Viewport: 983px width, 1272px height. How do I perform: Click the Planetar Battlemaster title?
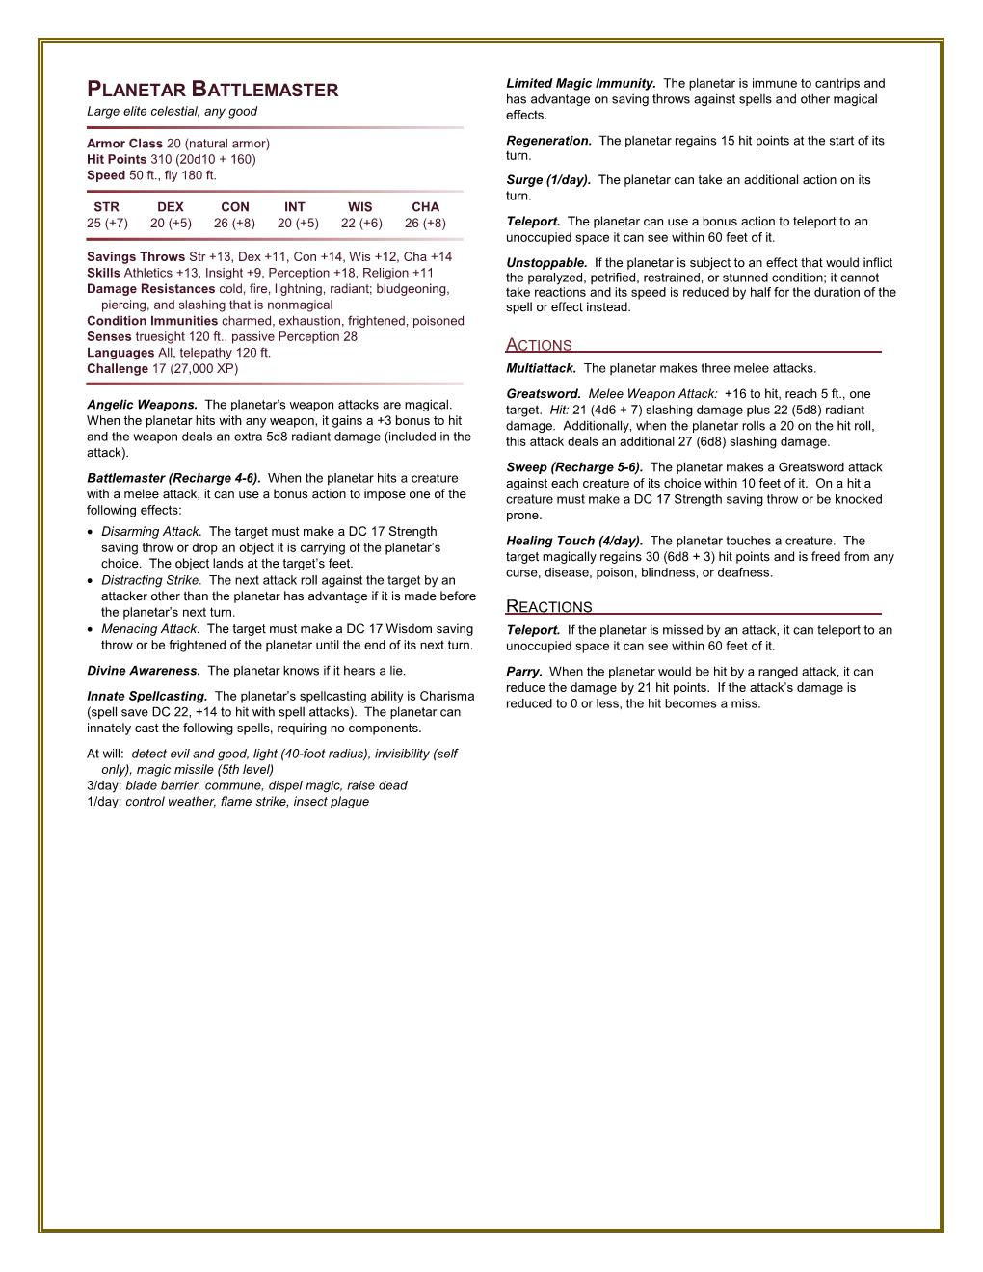click(212, 91)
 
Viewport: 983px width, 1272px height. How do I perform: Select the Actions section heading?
click(539, 345)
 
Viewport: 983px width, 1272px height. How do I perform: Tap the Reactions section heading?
click(548, 607)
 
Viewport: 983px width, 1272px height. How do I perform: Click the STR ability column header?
click(106, 207)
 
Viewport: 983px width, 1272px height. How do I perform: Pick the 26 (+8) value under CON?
click(234, 224)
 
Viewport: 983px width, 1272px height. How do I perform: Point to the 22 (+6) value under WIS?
click(361, 224)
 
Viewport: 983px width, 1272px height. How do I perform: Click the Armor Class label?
click(124, 144)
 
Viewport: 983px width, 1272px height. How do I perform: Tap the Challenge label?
click(118, 368)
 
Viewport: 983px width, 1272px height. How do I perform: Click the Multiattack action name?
click(541, 368)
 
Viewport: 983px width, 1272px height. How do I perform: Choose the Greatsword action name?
click(543, 394)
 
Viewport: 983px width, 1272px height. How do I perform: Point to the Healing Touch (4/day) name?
click(573, 541)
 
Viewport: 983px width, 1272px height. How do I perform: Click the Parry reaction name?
click(523, 672)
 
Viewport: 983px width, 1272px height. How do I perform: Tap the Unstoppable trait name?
click(545, 263)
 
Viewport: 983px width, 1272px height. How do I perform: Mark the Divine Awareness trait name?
click(143, 671)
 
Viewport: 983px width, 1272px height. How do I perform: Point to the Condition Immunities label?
click(151, 321)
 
